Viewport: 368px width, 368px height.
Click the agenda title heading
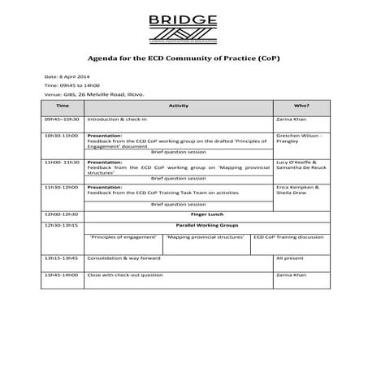[184, 58]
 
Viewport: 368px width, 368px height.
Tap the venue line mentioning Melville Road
[94, 94]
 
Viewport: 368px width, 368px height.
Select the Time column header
[63, 106]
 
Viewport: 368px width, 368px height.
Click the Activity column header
[178, 106]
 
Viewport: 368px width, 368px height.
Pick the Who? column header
[301, 106]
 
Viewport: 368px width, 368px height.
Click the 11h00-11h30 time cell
[62, 162]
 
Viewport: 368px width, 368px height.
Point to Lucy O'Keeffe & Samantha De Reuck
[300, 167]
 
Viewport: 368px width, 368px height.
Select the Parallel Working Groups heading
[178, 224]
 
